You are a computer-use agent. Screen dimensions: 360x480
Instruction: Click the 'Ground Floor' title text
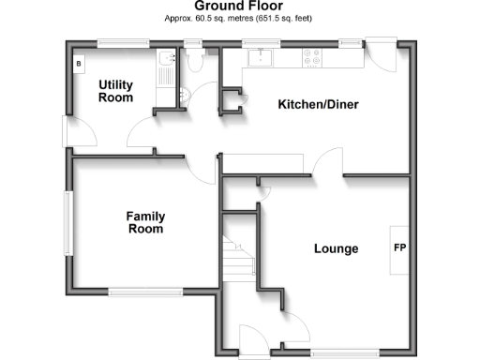pyautogui.click(x=240, y=7)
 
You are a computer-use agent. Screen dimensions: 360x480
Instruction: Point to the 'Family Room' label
pyautogui.click(x=145, y=222)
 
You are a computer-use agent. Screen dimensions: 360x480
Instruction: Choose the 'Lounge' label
pyautogui.click(x=336, y=249)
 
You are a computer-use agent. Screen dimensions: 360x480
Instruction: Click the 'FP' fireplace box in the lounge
pyautogui.click(x=399, y=249)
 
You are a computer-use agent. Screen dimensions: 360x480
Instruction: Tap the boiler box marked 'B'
pyautogui.click(x=79, y=63)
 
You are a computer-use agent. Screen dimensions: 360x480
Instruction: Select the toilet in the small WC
pyautogui.click(x=194, y=61)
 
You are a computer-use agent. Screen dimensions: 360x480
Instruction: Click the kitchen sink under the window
pyautogui.click(x=258, y=59)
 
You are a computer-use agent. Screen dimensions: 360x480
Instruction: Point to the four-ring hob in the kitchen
pyautogui.click(x=310, y=59)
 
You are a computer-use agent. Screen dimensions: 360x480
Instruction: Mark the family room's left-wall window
pyautogui.click(x=67, y=223)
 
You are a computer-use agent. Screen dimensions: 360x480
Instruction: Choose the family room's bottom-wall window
pyautogui.click(x=145, y=292)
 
